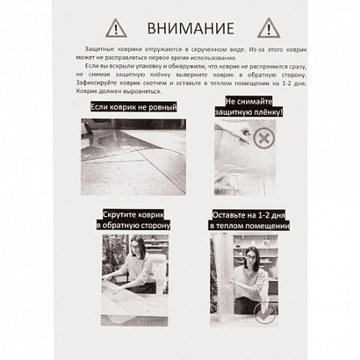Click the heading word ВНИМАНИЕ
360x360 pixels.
179,28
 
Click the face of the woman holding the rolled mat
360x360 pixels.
250,250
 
